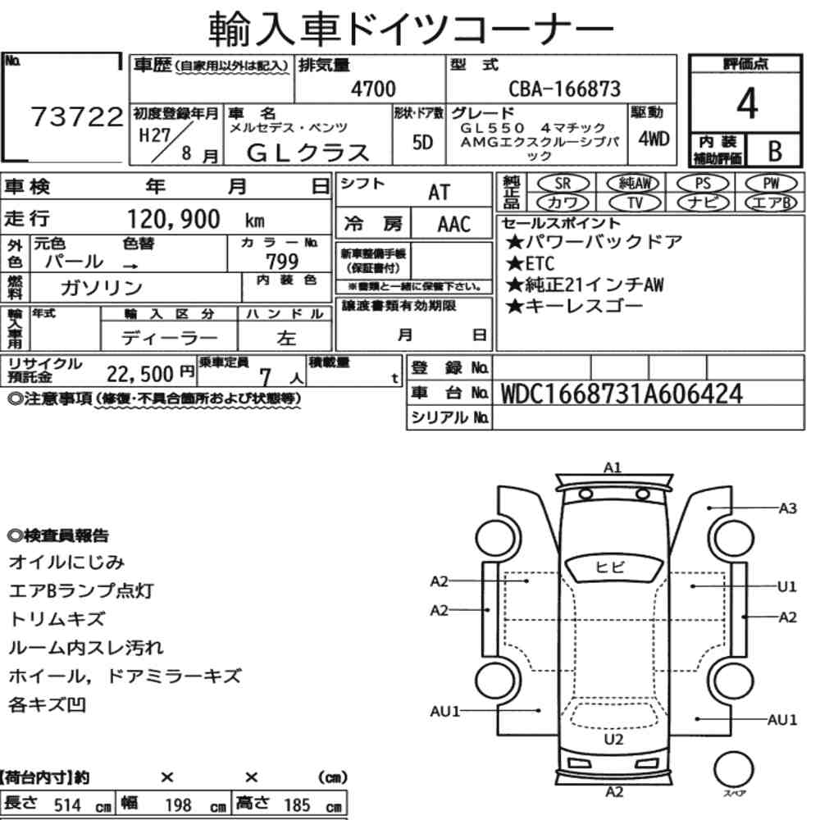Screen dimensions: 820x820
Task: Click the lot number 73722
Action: coord(77,116)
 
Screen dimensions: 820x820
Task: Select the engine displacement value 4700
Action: coord(373,89)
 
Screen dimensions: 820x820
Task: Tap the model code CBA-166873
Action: coord(565,89)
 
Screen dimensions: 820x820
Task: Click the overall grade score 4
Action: coord(747,103)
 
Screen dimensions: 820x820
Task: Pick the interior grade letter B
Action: coord(775,151)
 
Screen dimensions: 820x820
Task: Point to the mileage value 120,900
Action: coord(174,219)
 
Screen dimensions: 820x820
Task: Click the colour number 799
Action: coord(282,261)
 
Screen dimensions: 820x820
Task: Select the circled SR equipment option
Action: coord(563,183)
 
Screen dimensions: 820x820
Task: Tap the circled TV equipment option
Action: coord(635,203)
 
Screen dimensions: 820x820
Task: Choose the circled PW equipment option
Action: coord(771,183)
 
